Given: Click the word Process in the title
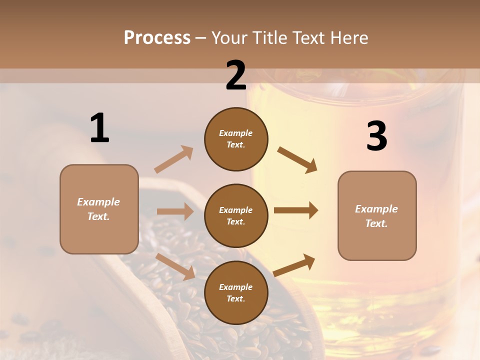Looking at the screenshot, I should point(157,38).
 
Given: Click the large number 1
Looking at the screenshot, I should point(99,128).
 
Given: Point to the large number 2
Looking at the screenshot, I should point(236,75).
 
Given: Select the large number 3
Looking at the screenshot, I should point(376,136).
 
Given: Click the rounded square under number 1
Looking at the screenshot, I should point(99,209).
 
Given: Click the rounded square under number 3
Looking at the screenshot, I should point(377,215).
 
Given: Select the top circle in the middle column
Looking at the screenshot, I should point(236,138).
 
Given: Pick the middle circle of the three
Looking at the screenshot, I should point(236,215).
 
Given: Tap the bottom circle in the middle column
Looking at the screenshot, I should point(236,292).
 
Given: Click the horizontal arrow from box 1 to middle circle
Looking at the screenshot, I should point(175,211).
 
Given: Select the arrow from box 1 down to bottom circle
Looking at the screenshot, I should point(175,266).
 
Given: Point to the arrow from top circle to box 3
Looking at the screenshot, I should point(297,160).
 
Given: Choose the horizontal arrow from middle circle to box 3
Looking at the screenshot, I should point(296,210).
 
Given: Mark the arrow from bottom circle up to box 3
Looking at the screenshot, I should point(294,265).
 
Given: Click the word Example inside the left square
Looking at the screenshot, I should point(98,202).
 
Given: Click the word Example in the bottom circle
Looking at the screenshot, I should point(235,287).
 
